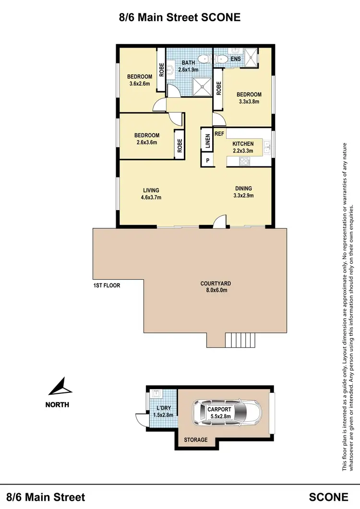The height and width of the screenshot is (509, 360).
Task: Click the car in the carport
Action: (226, 413)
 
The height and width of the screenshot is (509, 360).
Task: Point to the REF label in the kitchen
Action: (219, 134)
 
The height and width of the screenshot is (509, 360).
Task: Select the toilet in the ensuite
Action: (222, 59)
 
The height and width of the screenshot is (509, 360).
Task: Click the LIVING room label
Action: (151, 189)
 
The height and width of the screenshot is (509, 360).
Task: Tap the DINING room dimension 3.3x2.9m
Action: (243, 195)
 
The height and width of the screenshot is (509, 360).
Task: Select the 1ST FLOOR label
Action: (107, 285)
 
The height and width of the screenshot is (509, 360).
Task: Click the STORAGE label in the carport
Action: (196, 439)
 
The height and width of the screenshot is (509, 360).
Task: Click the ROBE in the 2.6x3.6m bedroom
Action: (180, 145)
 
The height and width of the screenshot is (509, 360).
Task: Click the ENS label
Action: (236, 59)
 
